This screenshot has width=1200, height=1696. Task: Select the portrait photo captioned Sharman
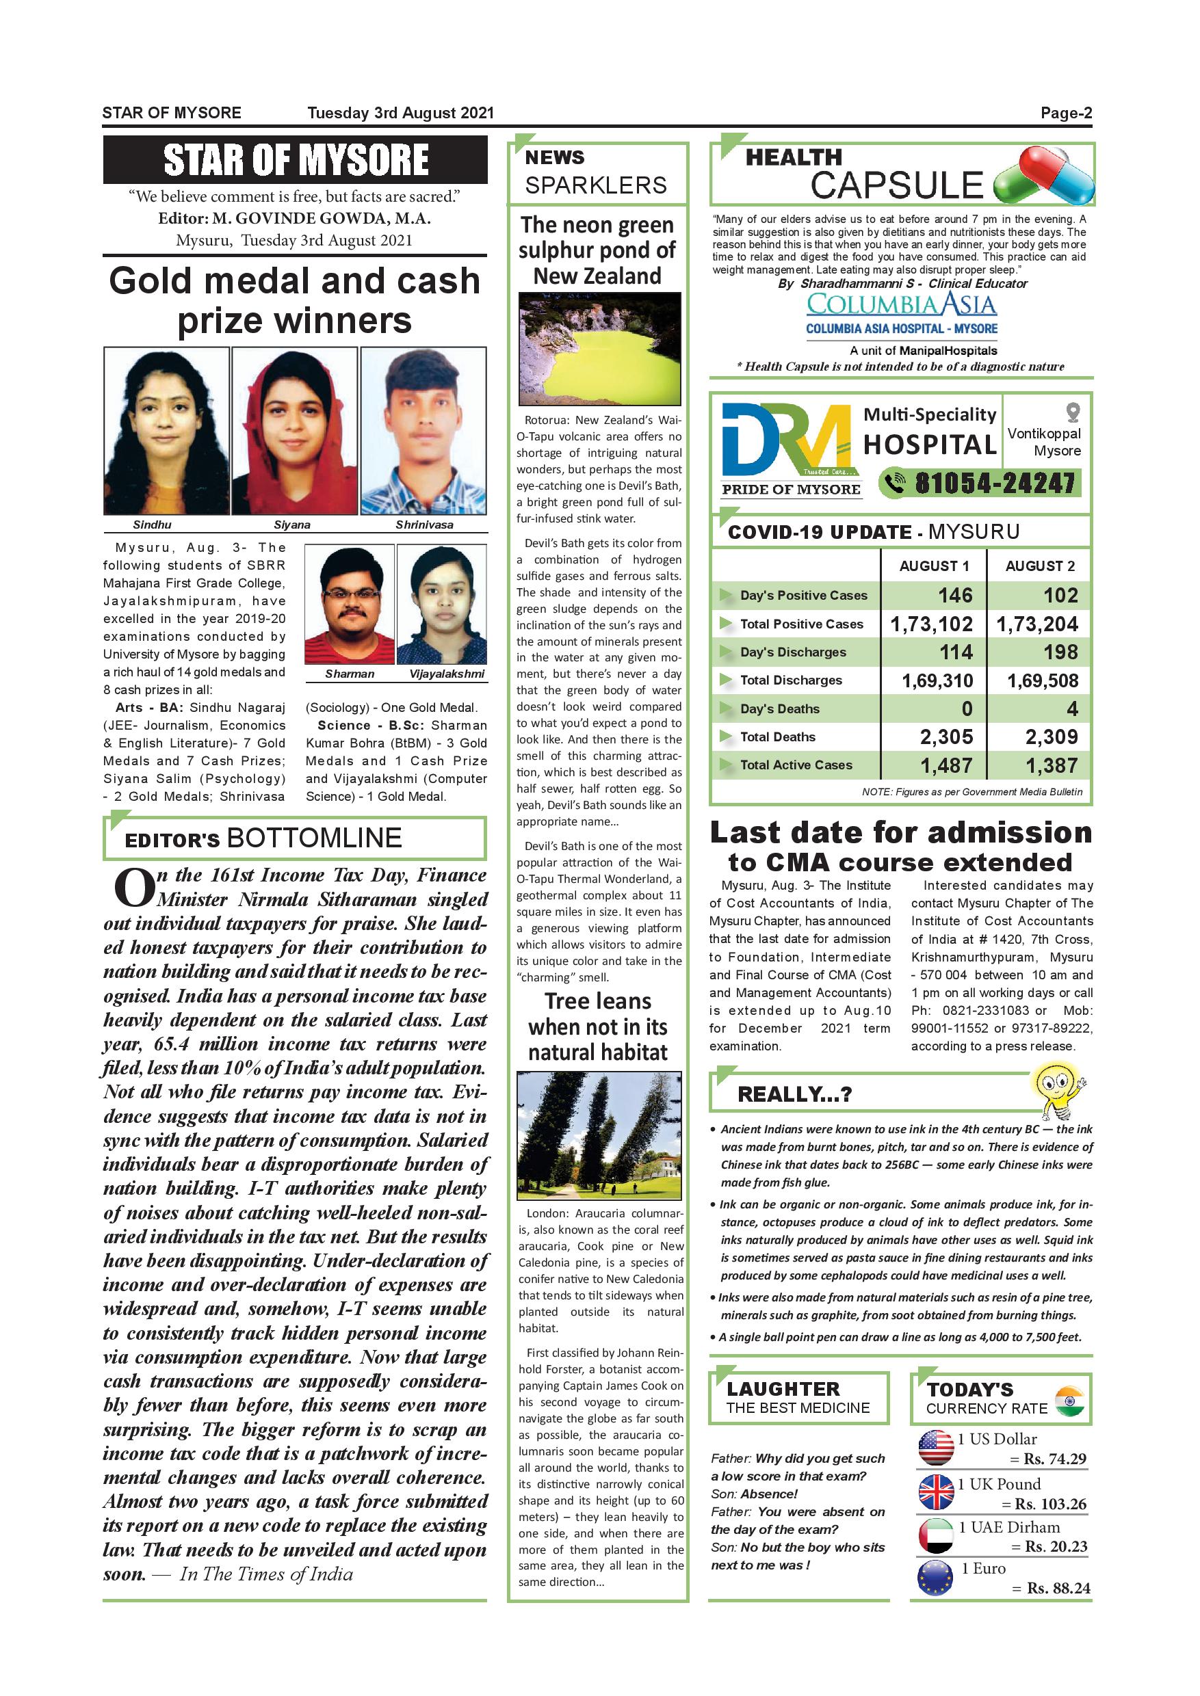click(x=349, y=605)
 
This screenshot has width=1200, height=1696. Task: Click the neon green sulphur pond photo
click(x=599, y=348)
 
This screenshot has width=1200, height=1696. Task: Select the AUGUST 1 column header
click(x=934, y=566)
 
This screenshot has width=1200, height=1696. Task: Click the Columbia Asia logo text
click(x=901, y=304)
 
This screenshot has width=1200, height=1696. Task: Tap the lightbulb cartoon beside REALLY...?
click(x=1058, y=1089)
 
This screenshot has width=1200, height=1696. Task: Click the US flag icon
click(x=936, y=1448)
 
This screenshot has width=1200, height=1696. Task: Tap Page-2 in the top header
click(x=1065, y=113)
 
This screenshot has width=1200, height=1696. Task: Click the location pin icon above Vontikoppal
click(x=1073, y=412)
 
